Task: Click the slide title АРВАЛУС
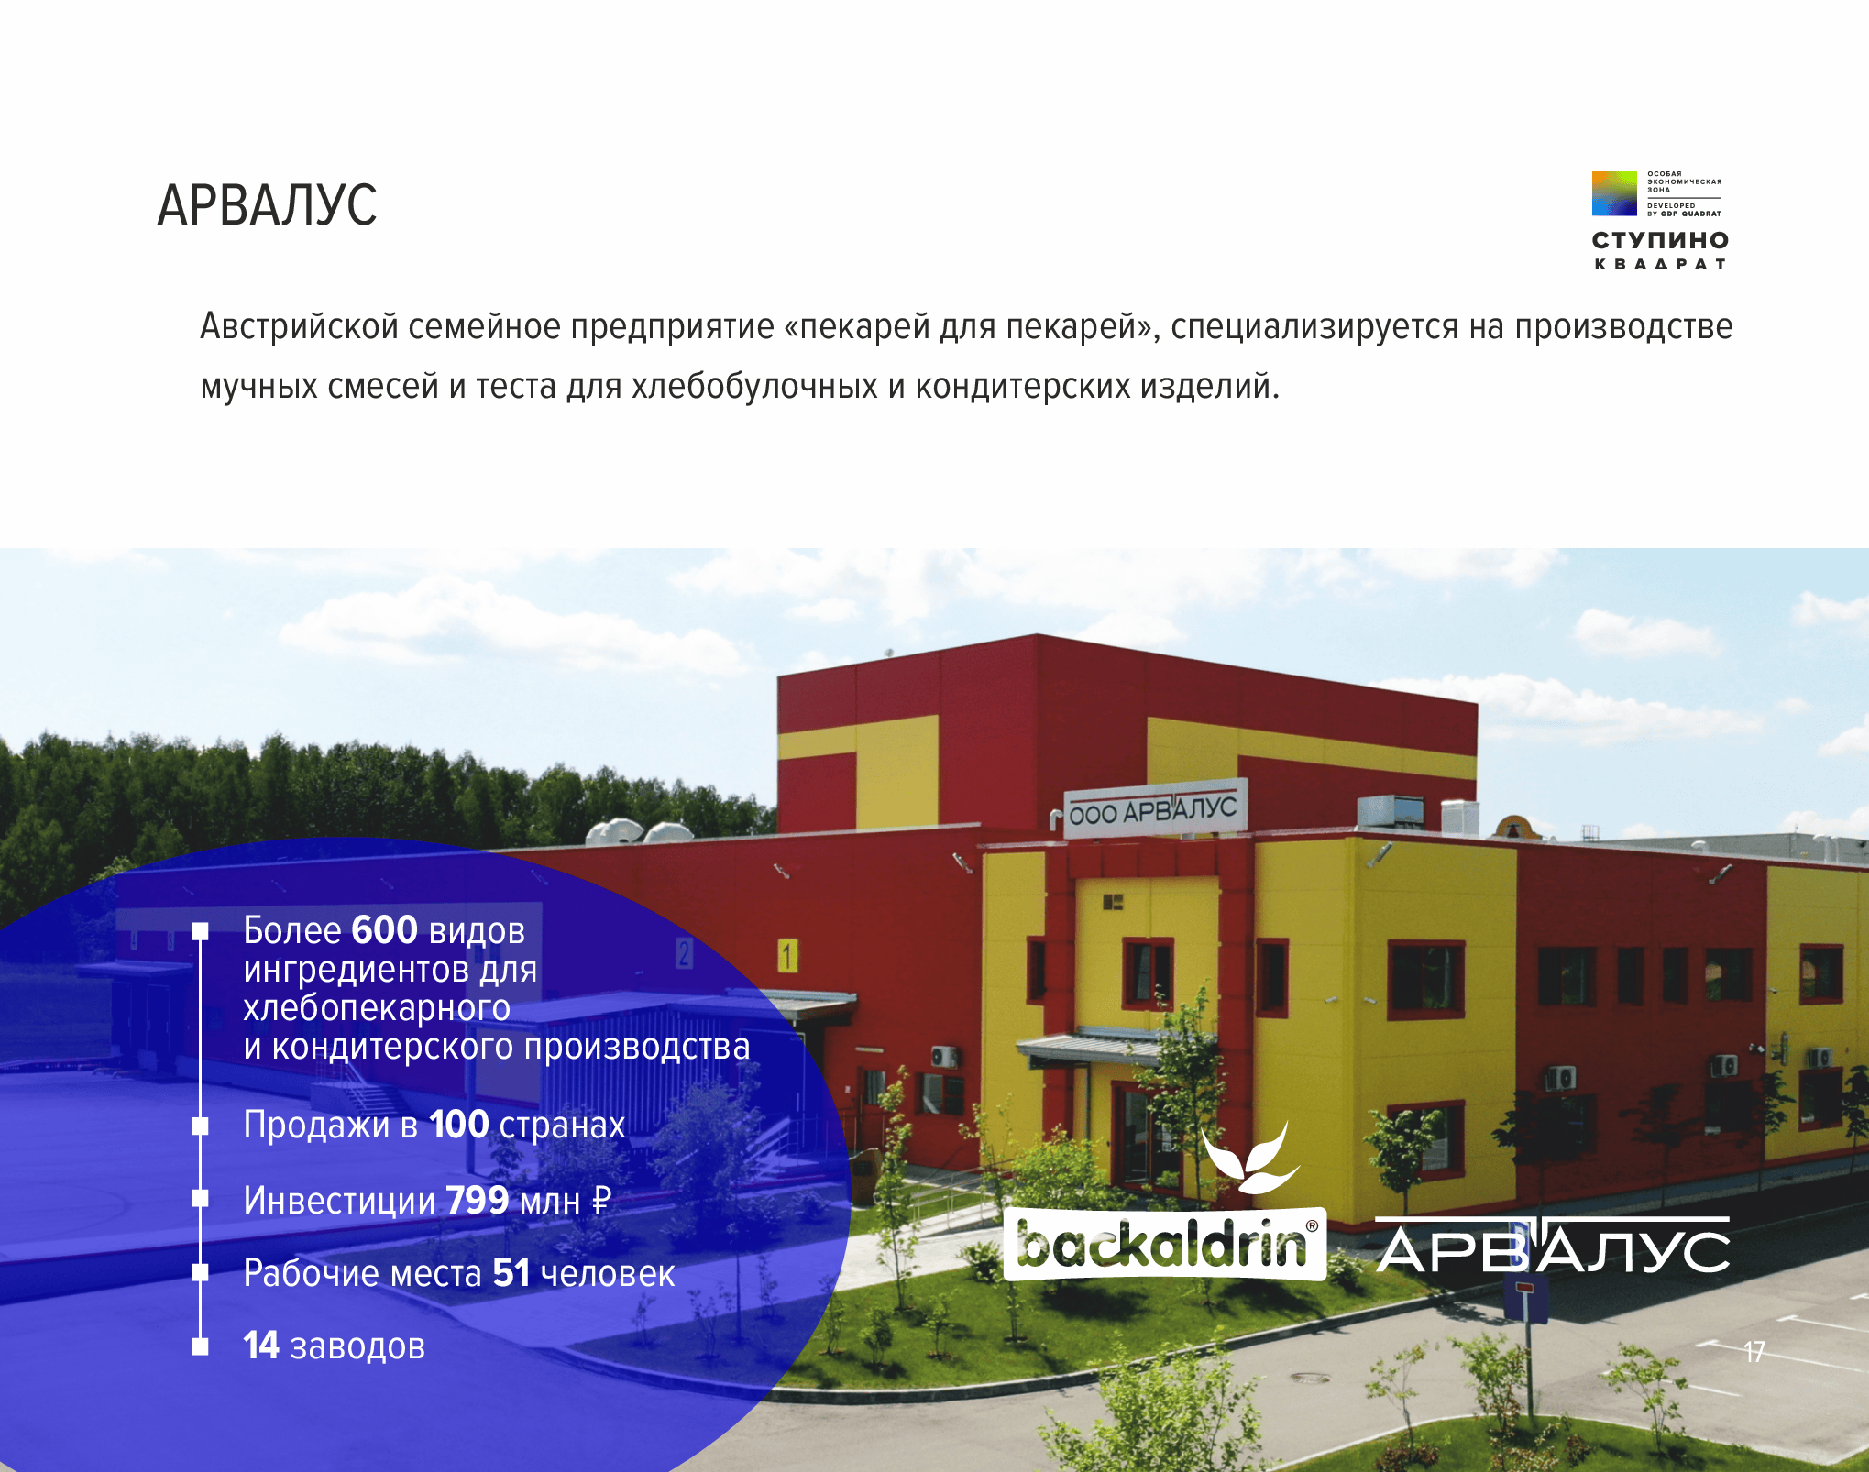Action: click(267, 204)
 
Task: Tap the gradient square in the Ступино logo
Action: click(1614, 193)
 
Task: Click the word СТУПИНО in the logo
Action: click(1660, 240)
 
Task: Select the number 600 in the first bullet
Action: click(385, 929)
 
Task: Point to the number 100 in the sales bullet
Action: click(458, 1124)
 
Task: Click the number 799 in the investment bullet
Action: click(478, 1200)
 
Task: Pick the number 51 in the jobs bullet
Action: click(511, 1272)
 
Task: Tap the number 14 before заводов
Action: click(261, 1345)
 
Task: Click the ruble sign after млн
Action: click(600, 1200)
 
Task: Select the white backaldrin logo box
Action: click(1165, 1244)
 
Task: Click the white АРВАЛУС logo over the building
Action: click(1553, 1245)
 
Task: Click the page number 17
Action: click(1754, 1352)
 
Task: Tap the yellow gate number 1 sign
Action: click(787, 955)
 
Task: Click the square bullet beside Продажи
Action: click(200, 1126)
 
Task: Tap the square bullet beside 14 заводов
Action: click(200, 1346)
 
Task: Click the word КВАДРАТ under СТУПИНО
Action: click(1660, 264)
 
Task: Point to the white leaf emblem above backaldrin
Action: click(1249, 1158)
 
